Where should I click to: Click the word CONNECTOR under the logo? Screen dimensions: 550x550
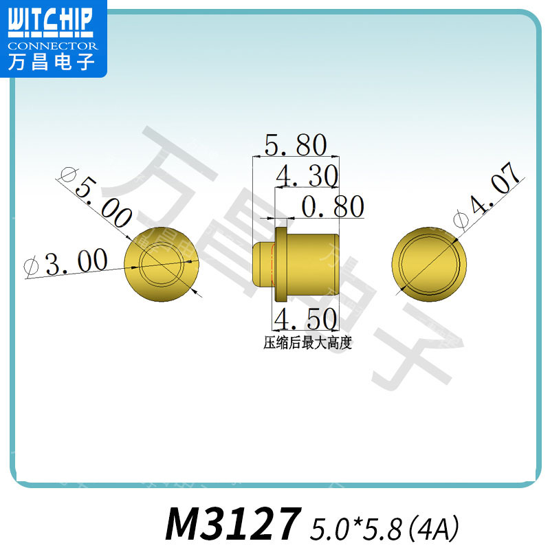click(x=53, y=46)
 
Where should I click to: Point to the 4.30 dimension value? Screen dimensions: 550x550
click(x=307, y=177)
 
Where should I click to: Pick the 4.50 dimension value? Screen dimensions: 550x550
click(x=305, y=319)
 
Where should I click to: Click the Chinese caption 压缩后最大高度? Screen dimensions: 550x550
click(x=307, y=343)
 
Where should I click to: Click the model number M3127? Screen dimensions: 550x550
click(x=234, y=525)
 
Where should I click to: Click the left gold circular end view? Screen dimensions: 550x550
click(x=162, y=264)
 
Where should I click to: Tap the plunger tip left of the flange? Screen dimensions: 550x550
click(x=263, y=264)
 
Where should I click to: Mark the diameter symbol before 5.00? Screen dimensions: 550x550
click(x=67, y=175)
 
